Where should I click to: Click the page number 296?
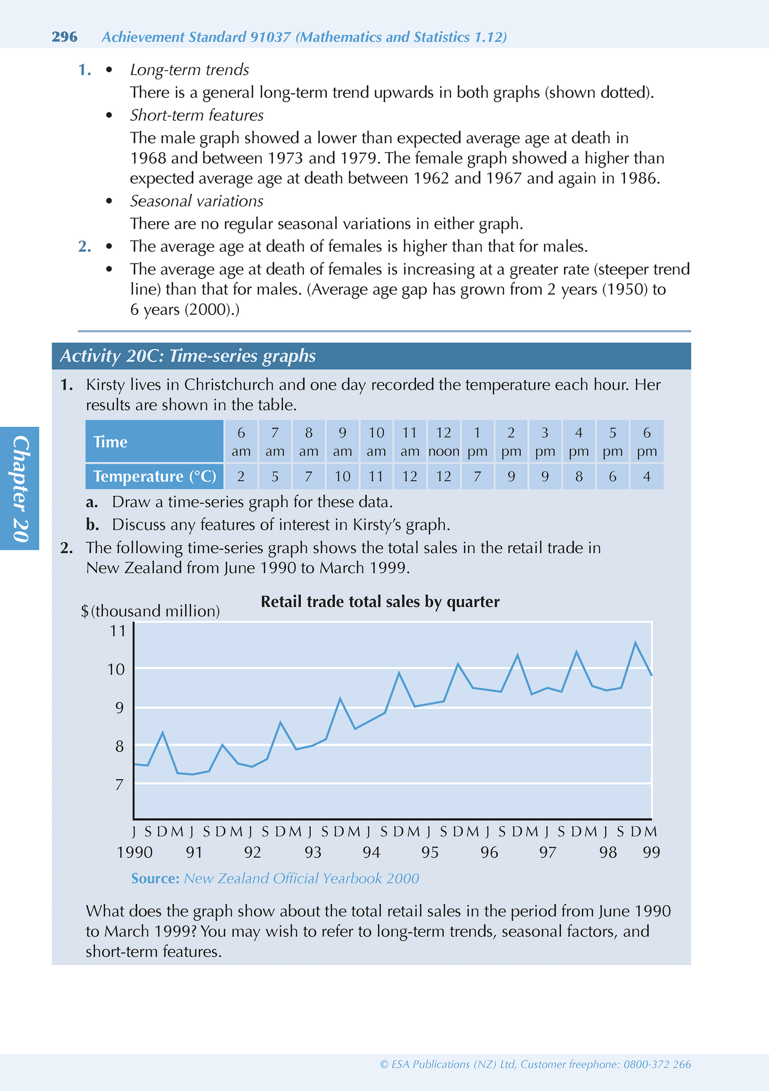click(x=64, y=37)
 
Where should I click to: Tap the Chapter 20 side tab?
click(x=20, y=489)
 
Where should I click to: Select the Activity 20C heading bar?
click(x=371, y=356)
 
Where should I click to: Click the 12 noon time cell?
click(x=444, y=441)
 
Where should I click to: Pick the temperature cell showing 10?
click(x=342, y=476)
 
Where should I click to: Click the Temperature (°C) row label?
click(x=154, y=476)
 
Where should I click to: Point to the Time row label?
click(x=154, y=441)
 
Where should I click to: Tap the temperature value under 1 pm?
click(x=477, y=476)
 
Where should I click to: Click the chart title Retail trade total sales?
click(x=380, y=602)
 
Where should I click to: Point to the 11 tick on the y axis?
click(x=117, y=631)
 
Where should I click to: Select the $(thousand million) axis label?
click(x=151, y=611)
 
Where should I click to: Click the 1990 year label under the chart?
click(x=135, y=852)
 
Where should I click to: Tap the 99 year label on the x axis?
click(x=651, y=852)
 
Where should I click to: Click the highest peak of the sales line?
click(x=635, y=642)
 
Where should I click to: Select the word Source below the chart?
click(x=155, y=878)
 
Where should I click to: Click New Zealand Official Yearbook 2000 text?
click(x=301, y=878)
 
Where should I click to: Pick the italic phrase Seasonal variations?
click(x=197, y=201)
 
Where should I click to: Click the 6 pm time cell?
click(x=647, y=441)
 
